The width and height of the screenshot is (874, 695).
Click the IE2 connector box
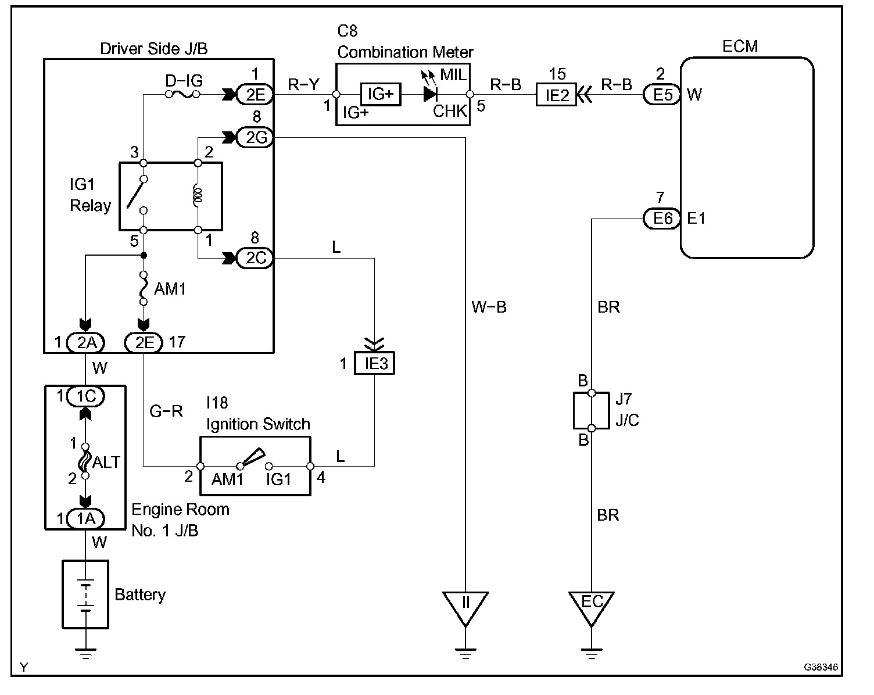point(556,94)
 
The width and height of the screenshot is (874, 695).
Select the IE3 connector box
point(374,364)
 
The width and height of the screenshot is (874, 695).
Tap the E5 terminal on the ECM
point(662,94)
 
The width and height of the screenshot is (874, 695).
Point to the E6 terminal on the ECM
point(662,218)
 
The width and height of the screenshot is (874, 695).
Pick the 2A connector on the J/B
point(85,343)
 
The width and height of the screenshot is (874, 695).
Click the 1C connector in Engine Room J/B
point(85,396)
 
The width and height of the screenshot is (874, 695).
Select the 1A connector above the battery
point(85,518)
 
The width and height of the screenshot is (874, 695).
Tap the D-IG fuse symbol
point(183,94)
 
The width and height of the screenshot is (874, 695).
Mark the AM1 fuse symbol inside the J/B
point(143,288)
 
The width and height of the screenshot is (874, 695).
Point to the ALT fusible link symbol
point(85,461)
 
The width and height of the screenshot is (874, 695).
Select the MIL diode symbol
point(430,94)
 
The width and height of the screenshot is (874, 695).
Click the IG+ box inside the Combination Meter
point(381,94)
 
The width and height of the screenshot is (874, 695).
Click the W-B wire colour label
point(489,307)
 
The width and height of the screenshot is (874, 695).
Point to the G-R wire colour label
point(166,411)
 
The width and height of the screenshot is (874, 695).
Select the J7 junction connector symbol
point(591,411)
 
